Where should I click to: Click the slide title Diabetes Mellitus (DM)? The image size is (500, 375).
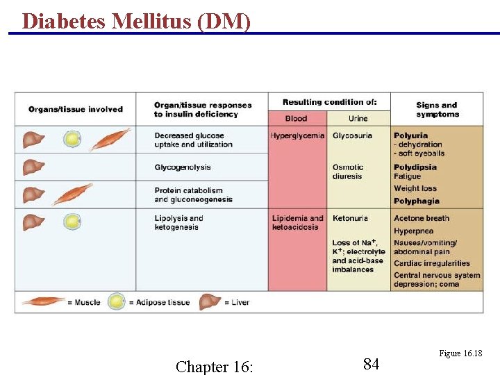point(136,21)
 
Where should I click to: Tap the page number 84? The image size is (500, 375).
point(371,363)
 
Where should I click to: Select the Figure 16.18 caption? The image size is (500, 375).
point(460,353)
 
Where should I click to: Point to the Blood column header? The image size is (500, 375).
point(296,118)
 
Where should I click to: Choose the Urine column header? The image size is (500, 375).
point(358,118)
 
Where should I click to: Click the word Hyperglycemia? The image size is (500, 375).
point(297,135)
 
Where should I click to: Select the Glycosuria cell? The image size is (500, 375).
point(352,135)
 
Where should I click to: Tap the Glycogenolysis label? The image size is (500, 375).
point(183,167)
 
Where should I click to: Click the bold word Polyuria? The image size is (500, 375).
point(410,135)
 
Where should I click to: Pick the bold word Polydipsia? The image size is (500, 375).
point(415,167)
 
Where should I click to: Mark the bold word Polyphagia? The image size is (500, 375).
point(416,201)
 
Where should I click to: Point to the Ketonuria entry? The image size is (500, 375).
point(350,218)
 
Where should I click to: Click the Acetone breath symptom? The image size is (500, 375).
point(422,218)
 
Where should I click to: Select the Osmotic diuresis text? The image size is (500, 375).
point(348,172)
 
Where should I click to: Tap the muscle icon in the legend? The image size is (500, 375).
point(43,302)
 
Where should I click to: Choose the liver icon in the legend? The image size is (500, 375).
point(210,302)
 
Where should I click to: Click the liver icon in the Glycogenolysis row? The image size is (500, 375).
point(33,167)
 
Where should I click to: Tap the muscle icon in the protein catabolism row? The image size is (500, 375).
point(72,194)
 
